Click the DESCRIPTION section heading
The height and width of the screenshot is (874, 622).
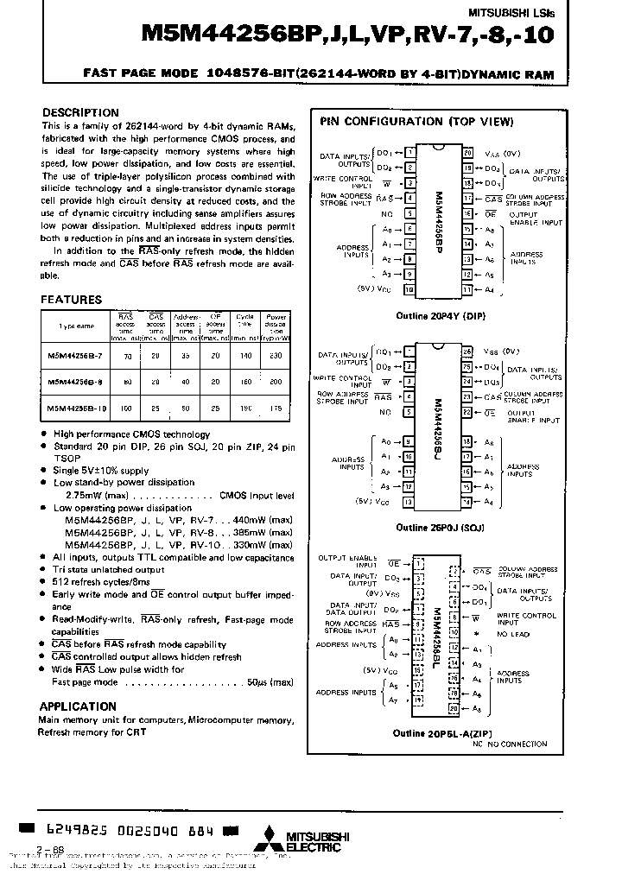point(80,113)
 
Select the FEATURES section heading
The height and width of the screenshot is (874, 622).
point(72,300)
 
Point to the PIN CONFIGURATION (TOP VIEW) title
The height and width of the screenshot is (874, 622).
point(416,122)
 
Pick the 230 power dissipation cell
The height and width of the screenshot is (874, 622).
point(276,355)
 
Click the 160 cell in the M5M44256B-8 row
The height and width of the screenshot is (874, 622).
point(245,381)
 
